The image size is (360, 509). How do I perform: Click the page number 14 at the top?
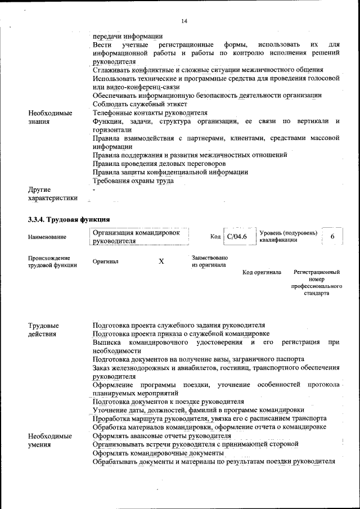184,21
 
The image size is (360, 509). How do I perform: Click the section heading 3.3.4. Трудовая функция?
69,219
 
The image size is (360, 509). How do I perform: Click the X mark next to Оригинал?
161,262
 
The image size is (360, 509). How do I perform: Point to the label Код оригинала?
262,272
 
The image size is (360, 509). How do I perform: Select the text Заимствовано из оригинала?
209,261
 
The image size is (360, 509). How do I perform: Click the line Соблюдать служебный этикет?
139,104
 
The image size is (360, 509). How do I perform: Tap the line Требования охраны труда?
133,181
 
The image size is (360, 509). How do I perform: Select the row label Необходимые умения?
49,440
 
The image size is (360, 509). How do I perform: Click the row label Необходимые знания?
49,116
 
